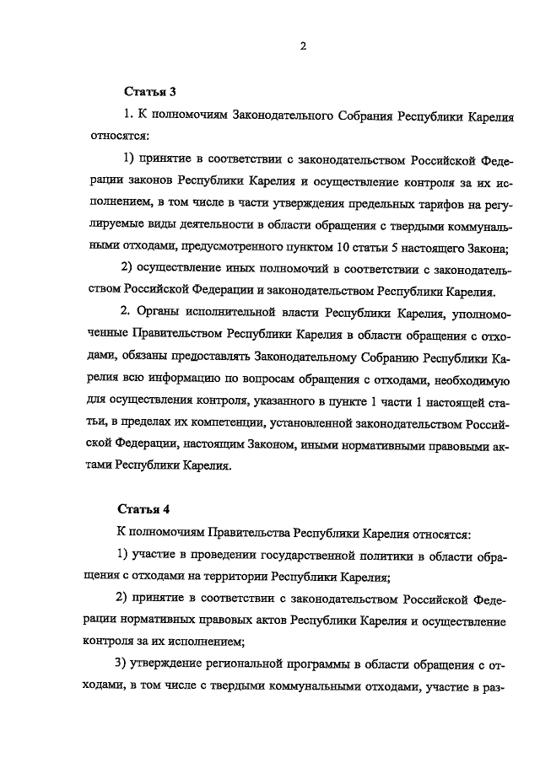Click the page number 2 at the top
click(x=301, y=46)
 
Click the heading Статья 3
click(x=150, y=90)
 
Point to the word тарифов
click(x=449, y=201)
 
